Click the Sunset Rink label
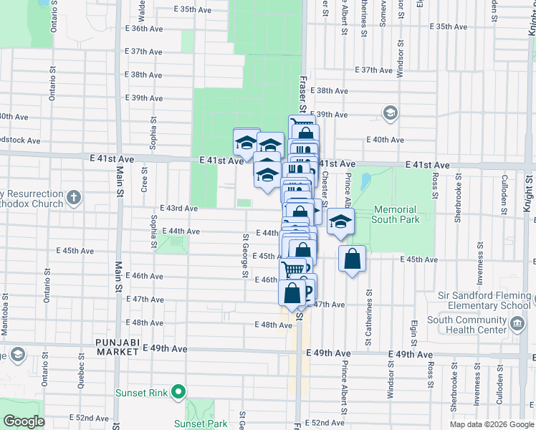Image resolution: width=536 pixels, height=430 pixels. (142, 393)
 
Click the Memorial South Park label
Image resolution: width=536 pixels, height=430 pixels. (395, 214)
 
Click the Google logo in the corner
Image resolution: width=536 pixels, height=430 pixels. (24, 421)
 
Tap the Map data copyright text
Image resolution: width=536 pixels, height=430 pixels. (490, 424)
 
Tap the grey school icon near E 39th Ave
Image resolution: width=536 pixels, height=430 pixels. (390, 113)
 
